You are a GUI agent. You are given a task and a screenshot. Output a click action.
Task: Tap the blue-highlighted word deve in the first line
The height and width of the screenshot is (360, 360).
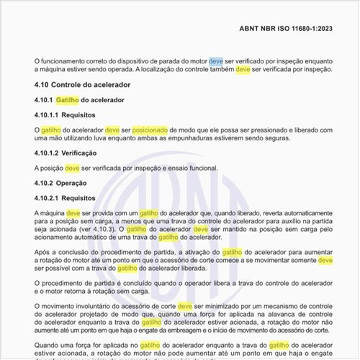click(216, 63)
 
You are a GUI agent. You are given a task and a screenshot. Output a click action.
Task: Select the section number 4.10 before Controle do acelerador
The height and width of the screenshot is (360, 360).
click(42, 86)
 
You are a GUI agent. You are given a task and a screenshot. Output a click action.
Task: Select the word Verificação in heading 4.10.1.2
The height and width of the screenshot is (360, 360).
click(83, 153)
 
